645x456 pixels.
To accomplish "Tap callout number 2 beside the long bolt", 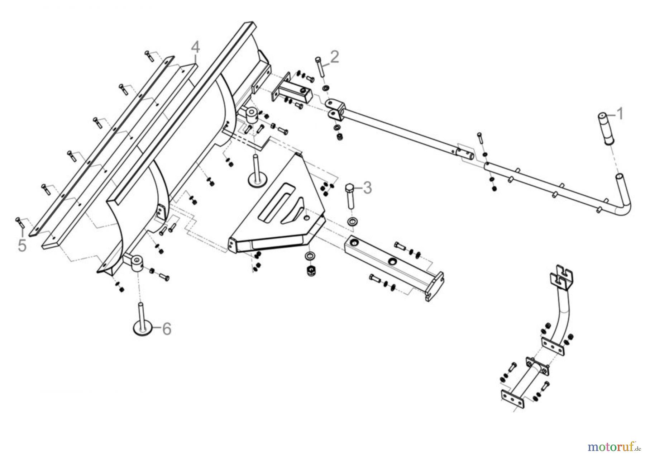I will pos(334,57).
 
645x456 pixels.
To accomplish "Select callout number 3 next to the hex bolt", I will pos(367,188).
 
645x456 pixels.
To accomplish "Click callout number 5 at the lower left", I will pos(22,246).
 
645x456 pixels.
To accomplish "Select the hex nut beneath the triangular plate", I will pos(310,271).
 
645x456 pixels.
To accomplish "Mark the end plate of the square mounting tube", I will pos(435,286).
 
